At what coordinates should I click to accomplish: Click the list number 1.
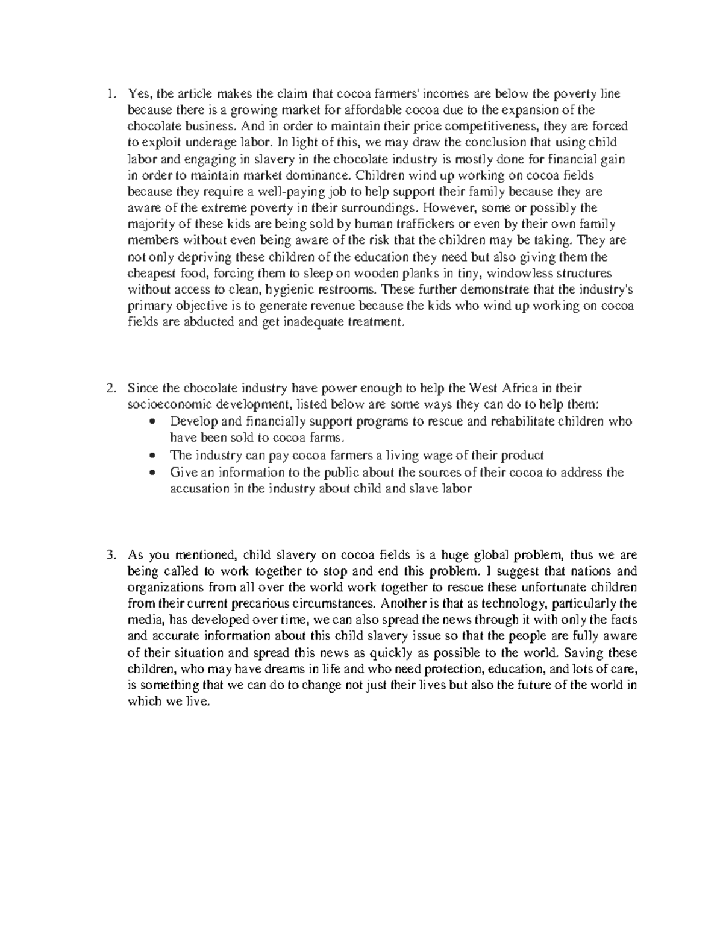tap(109, 94)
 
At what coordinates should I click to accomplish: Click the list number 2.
tap(109, 388)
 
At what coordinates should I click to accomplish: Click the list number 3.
tap(109, 555)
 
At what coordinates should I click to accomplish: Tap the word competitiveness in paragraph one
tap(493, 127)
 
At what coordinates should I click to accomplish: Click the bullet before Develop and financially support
tap(154, 421)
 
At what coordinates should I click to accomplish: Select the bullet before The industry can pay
tap(154, 456)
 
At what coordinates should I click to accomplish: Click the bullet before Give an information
tap(154, 473)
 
